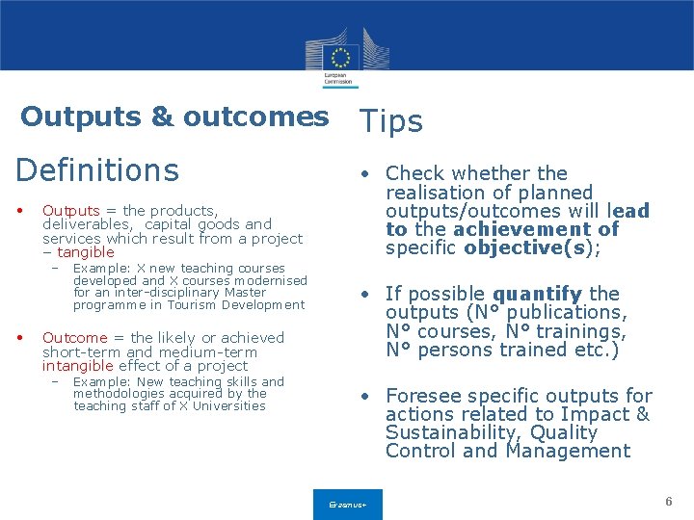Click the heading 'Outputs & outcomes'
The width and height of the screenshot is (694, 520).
pos(174,117)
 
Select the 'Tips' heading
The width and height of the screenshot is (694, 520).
pos(390,121)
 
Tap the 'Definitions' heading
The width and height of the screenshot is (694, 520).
pos(97,170)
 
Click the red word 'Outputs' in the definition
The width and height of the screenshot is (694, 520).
pos(70,211)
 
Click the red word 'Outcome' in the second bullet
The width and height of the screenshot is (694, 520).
pos(74,338)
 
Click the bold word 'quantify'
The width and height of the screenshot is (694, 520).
pos(537,294)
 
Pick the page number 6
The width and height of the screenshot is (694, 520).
pos(668,502)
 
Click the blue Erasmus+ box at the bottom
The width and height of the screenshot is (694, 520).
pos(347,505)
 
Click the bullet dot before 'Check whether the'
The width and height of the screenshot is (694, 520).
pos(366,175)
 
